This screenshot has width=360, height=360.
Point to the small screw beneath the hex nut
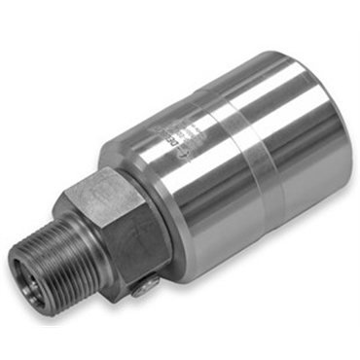147,285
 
